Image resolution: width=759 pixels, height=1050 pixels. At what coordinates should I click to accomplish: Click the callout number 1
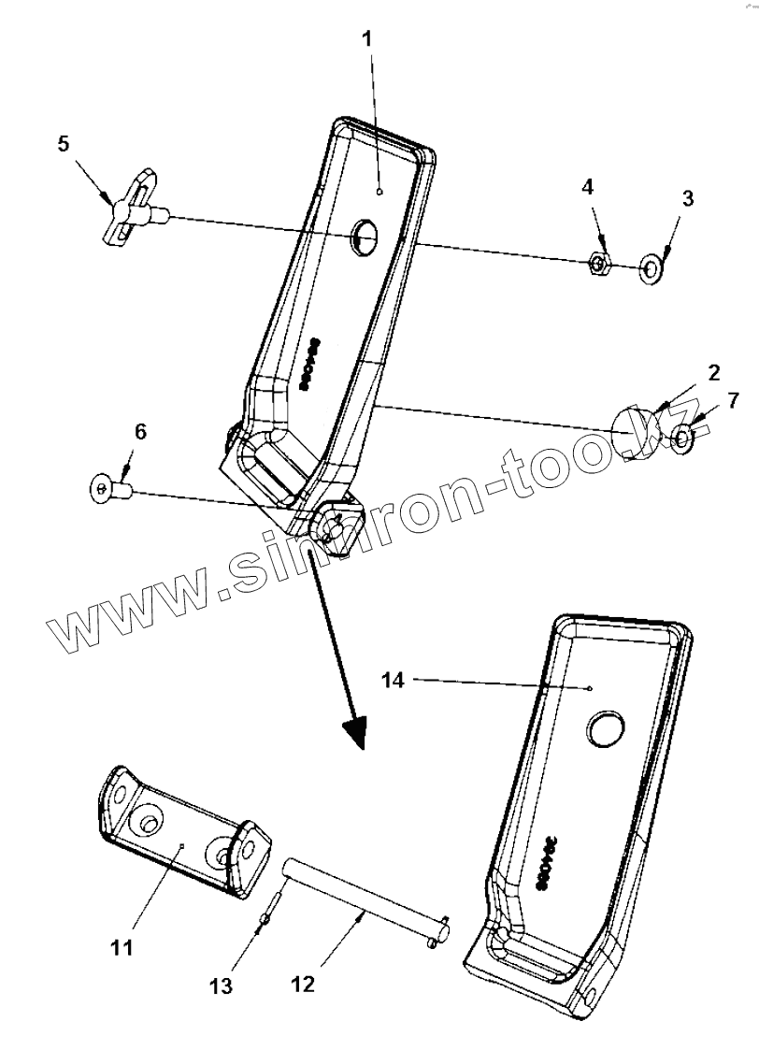click(x=366, y=39)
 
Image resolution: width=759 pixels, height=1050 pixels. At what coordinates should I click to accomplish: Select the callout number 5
click(x=64, y=144)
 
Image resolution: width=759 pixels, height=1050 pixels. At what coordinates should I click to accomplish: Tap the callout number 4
click(x=587, y=187)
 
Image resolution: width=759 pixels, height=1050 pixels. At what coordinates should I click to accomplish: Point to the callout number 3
click(x=687, y=198)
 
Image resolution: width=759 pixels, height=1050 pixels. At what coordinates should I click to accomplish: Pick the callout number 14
click(x=394, y=681)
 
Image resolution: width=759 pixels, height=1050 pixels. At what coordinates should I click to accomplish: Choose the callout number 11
click(x=122, y=947)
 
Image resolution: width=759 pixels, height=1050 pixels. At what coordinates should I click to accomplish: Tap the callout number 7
click(x=732, y=401)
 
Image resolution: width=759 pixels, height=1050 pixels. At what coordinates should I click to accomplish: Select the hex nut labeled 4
click(x=599, y=265)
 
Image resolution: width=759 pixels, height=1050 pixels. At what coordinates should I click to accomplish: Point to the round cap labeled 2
click(x=634, y=431)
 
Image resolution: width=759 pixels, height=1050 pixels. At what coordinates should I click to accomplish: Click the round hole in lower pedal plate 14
click(x=607, y=726)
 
